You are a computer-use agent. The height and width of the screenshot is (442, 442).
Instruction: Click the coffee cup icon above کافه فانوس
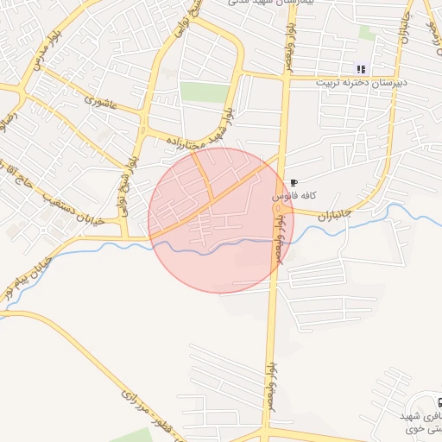click(x=294, y=183)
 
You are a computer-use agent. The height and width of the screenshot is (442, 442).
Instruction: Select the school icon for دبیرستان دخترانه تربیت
click(x=361, y=70)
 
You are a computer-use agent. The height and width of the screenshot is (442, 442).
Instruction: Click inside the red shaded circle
click(x=221, y=220)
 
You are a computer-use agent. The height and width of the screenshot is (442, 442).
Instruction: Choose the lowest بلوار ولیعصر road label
click(x=270, y=381)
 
